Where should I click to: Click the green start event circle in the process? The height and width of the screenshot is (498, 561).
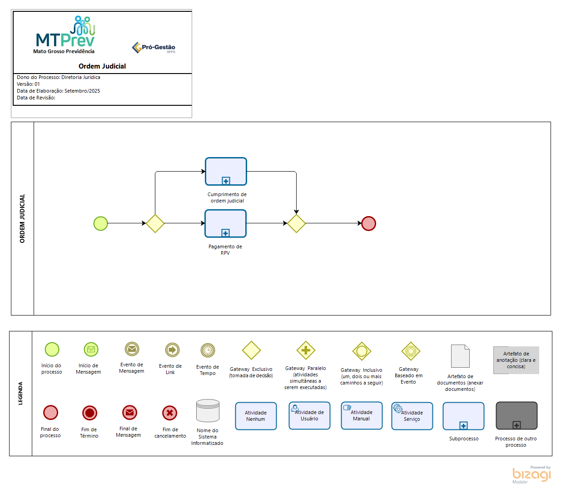tap(100, 223)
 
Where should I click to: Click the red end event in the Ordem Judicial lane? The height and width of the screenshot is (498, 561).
tap(368, 223)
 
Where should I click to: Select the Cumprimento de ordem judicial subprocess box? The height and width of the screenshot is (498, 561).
tap(226, 172)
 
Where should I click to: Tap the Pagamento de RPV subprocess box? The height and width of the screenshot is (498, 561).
tap(225, 223)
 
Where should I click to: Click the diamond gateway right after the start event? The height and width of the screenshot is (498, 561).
tap(155, 223)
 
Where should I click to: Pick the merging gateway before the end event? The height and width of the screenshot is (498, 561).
tap(296, 223)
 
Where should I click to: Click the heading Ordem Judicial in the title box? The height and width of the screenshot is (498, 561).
tap(102, 66)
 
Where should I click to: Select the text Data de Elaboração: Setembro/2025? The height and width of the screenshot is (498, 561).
tap(58, 91)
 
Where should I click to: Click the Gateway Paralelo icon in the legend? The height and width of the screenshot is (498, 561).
tap(306, 350)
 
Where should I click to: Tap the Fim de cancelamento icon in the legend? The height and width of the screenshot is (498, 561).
tap(169, 413)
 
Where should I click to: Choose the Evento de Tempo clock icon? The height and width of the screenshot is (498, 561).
tap(208, 350)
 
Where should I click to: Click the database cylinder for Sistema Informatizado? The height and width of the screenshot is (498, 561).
tap(208, 411)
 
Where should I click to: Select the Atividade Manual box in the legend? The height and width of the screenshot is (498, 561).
tap(362, 415)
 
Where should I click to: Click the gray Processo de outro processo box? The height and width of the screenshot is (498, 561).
tap(516, 415)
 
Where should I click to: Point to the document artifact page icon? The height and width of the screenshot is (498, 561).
tap(460, 356)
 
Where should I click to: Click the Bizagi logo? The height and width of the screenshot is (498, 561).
tap(531, 474)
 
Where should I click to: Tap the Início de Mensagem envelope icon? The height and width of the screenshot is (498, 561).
tap(91, 350)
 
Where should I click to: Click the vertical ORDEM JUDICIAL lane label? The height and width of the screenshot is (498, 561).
tap(22, 218)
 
